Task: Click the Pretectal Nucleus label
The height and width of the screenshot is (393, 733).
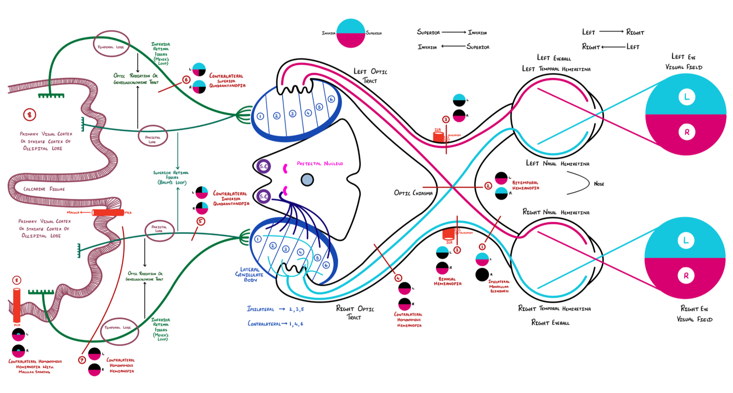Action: (320, 164)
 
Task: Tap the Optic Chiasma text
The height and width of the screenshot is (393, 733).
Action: (413, 193)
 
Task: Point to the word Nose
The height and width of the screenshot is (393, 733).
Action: (599, 184)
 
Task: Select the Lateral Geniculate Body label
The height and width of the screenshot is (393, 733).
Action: (249, 275)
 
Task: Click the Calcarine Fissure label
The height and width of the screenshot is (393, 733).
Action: (44, 189)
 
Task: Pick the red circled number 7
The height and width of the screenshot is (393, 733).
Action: (82, 360)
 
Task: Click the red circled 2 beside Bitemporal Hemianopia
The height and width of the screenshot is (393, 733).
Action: (488, 186)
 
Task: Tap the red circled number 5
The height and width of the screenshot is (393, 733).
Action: (201, 221)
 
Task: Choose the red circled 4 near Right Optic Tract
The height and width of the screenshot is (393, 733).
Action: (398, 278)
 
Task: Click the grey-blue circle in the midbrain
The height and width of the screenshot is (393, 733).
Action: (307, 180)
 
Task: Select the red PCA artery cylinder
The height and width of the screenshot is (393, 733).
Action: (17, 305)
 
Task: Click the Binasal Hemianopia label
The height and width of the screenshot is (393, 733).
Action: (447, 281)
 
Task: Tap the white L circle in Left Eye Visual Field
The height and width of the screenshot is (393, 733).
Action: (686, 97)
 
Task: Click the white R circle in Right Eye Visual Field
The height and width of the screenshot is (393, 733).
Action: (686, 275)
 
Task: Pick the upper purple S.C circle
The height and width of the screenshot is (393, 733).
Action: (264, 166)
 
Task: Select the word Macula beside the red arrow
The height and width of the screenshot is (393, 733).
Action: (73, 213)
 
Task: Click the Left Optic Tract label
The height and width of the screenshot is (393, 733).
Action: (370, 76)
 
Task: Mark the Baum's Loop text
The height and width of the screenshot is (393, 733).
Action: (172, 182)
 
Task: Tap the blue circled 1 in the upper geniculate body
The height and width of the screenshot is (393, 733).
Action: (260, 116)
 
